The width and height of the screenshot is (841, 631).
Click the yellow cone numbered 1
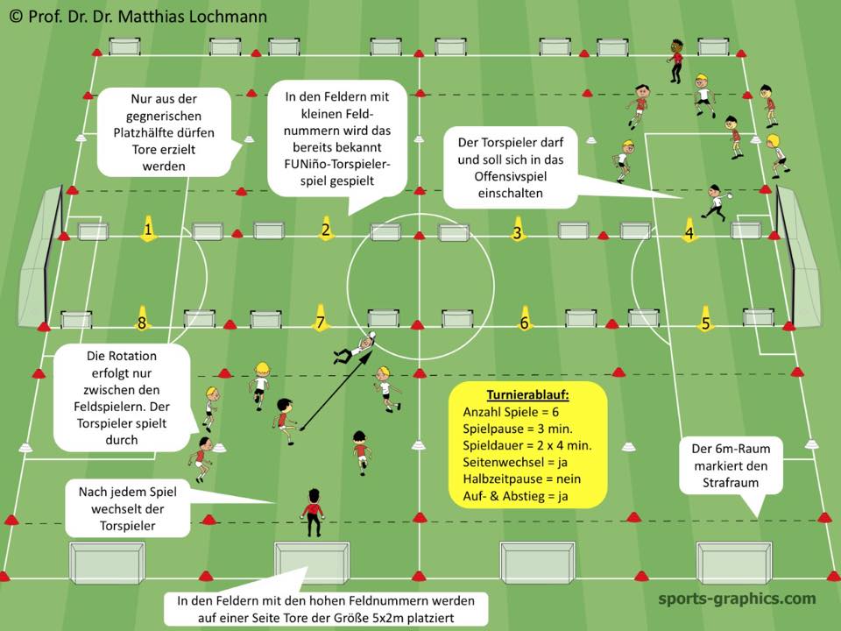tap(148, 230)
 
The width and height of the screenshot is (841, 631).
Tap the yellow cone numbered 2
tap(326, 230)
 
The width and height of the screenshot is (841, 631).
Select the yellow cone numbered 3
tap(518, 230)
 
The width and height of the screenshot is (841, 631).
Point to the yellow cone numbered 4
tap(689, 231)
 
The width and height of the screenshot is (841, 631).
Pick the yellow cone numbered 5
tap(705, 320)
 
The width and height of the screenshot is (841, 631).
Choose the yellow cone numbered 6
tap(525, 320)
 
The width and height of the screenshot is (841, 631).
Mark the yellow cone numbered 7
tap(321, 320)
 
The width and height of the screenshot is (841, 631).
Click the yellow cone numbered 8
tap(142, 320)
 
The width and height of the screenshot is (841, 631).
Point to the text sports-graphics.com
tap(737, 599)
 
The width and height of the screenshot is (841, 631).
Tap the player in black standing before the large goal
tap(312, 510)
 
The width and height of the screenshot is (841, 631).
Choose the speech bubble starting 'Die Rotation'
tap(122, 395)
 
